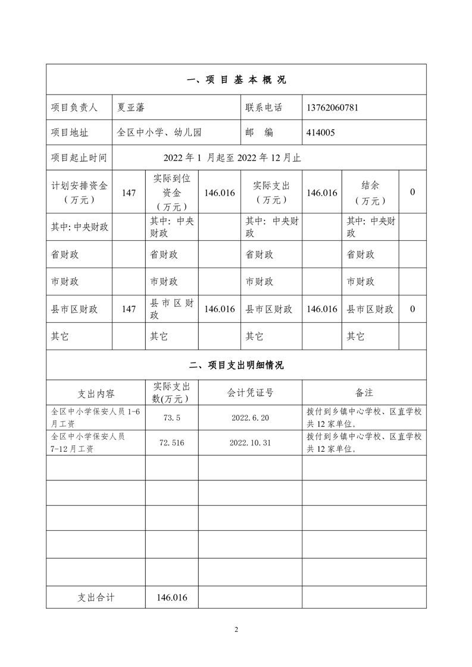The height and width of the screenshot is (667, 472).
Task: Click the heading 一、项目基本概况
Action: pos(236,80)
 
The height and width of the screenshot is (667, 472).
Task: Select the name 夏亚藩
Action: pos(132,108)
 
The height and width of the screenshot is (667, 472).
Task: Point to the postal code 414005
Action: pos(320,133)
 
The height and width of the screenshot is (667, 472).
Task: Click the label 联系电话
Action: pos(264,108)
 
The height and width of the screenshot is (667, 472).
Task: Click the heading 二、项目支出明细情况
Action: pos(236,365)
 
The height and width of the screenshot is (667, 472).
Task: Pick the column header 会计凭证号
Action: pos(250,392)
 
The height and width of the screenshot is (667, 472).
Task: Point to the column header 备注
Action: pos(364,392)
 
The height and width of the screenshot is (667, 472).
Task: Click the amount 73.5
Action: pos(171,418)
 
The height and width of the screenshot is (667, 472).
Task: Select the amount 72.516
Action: pos(171,443)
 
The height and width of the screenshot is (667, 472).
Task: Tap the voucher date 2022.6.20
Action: pos(250,418)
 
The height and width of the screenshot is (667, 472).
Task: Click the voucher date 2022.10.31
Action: pos(250,443)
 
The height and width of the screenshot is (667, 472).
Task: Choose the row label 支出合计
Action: pos(96,597)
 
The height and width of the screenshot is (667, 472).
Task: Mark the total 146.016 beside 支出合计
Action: pos(171,597)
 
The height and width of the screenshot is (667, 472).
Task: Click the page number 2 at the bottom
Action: pos(236,630)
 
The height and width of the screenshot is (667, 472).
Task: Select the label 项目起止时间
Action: pos(79,158)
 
